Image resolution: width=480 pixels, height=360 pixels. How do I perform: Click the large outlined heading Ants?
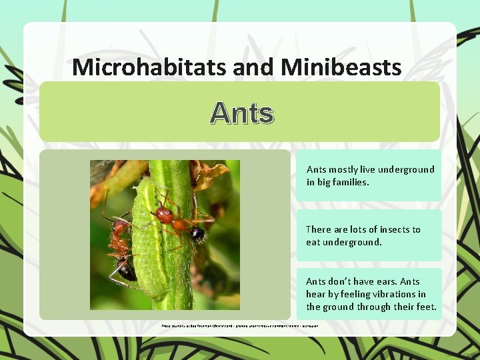coord(241,113)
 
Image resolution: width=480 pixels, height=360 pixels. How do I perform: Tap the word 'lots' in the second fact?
coord(358,229)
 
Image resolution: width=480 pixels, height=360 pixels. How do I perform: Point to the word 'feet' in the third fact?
coord(425,307)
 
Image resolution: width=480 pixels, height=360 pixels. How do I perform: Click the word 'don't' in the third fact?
coord(339,281)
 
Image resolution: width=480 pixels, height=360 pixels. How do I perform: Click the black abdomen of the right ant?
coord(197,235)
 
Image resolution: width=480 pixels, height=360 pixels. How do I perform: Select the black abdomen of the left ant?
coord(127,269)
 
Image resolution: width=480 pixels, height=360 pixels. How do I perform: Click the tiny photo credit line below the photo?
coord(240,326)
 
